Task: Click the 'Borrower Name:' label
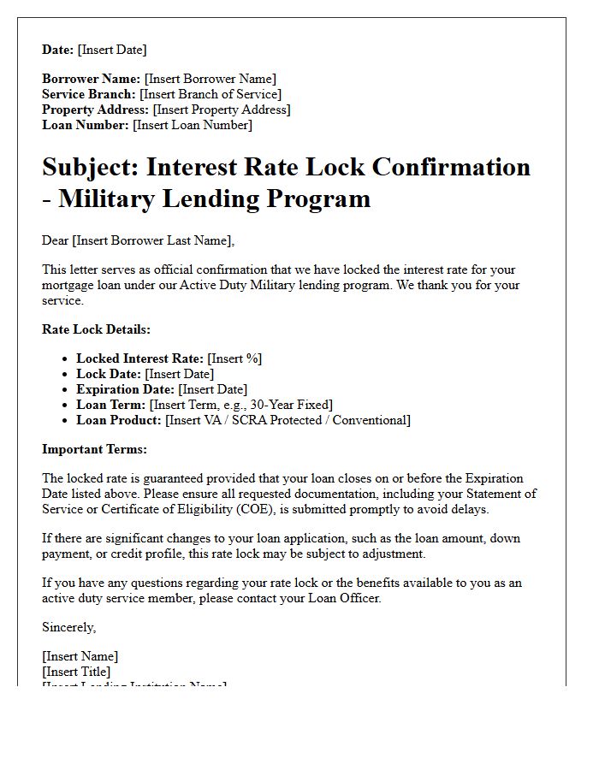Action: (x=92, y=79)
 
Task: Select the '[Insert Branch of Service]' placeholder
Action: (x=211, y=94)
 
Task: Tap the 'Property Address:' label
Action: (x=95, y=110)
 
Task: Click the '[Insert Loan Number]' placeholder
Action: (x=193, y=125)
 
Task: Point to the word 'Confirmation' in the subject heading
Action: (x=443, y=167)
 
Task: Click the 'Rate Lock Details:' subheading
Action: (x=96, y=329)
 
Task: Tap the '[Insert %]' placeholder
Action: (x=234, y=358)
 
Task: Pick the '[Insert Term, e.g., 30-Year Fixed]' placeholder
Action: (x=241, y=405)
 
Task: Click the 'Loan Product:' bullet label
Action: (x=119, y=420)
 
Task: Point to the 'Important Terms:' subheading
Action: (x=94, y=449)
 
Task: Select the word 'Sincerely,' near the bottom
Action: (x=69, y=627)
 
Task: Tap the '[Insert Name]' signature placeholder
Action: (x=80, y=656)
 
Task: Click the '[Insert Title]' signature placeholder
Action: (x=76, y=672)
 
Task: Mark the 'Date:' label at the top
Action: (x=58, y=50)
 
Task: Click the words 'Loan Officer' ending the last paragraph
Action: (x=345, y=598)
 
